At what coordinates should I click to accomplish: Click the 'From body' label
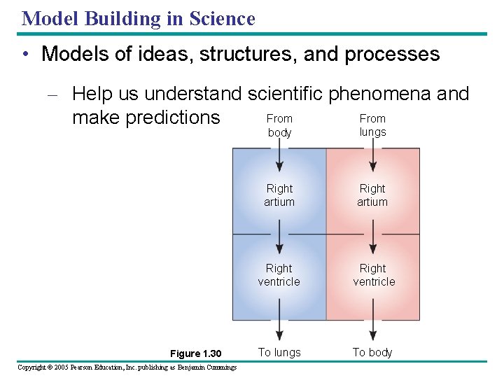279,125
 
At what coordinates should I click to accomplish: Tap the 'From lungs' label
372,125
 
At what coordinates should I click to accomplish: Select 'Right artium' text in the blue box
279,195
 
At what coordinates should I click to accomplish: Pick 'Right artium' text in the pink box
372,195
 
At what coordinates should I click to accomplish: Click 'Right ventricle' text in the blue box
279,275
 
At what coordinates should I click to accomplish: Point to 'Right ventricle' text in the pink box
373,275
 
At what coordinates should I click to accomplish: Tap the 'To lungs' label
279,353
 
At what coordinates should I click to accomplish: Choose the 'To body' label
372,353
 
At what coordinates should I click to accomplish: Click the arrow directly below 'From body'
279,157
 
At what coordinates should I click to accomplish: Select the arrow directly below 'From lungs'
373,157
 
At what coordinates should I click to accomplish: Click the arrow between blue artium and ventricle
279,236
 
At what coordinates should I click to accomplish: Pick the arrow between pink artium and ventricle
373,236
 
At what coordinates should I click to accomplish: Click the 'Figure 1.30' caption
195,354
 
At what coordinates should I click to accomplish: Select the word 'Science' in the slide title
221,18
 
